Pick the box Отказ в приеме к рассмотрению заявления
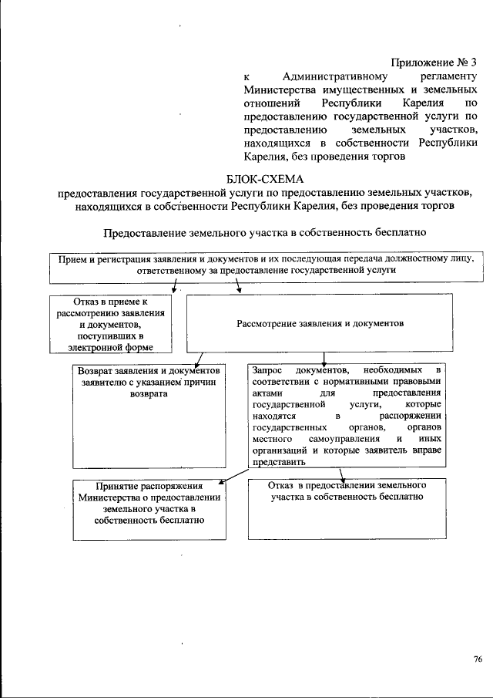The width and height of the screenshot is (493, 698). point(111,325)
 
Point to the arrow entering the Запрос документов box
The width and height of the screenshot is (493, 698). point(324,359)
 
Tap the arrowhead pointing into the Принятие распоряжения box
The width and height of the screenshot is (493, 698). point(222,483)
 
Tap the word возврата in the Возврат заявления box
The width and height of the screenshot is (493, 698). point(149,393)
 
